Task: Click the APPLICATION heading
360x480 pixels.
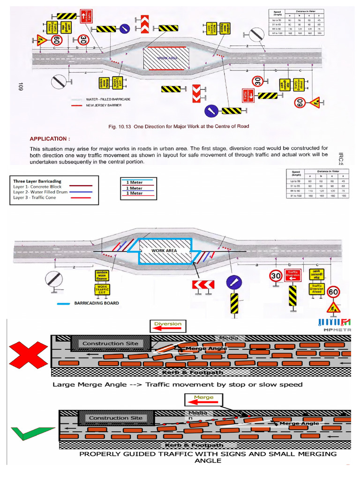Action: tap(50, 139)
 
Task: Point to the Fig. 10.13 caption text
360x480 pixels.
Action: tap(178, 126)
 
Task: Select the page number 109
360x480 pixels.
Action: tap(20, 86)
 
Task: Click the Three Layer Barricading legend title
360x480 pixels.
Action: tap(37, 181)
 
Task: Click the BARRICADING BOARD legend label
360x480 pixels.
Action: tap(97, 303)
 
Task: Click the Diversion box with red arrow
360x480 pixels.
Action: tap(167, 326)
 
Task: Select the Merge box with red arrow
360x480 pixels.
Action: tap(203, 400)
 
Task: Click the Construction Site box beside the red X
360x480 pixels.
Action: tap(110, 344)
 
